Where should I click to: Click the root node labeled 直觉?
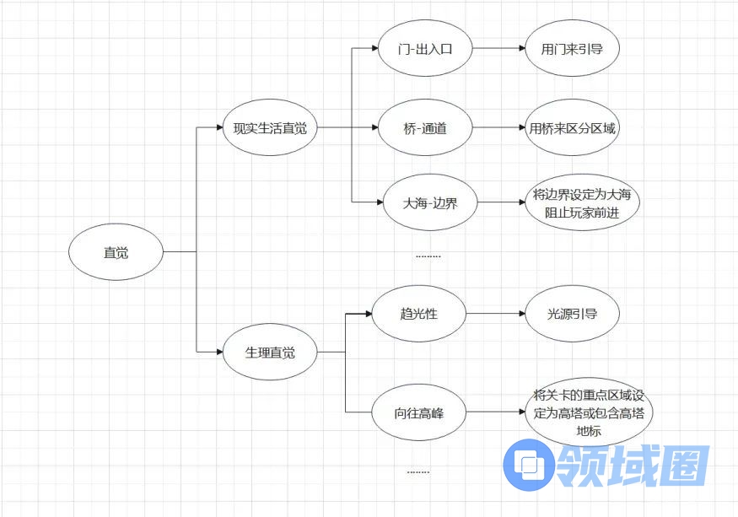[116, 252]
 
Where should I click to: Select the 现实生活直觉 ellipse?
[270, 128]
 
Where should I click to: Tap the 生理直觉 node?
[270, 352]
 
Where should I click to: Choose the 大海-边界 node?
[430, 202]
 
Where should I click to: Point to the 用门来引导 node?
[572, 48]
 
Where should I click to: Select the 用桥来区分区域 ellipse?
[572, 128]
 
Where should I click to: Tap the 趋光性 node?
[419, 314]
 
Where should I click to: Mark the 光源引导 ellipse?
[572, 314]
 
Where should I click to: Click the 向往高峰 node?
[419, 413]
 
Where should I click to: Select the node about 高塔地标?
[588, 413]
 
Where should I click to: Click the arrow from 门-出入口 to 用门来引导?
[498, 48]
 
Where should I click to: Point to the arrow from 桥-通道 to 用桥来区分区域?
[498, 128]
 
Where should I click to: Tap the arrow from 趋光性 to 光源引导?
[494, 314]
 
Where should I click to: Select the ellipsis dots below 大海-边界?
[428, 255]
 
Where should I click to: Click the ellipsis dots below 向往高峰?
[418, 471]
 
